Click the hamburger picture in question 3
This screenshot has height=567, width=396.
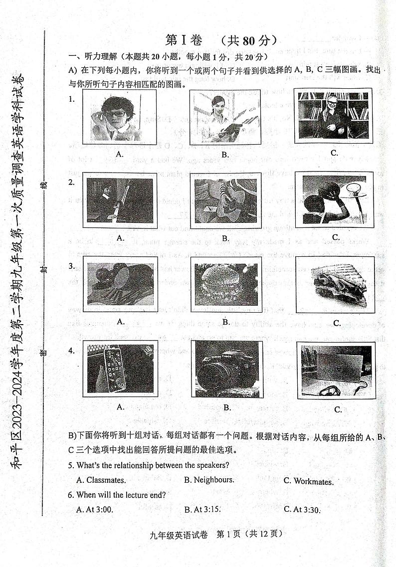(x=226, y=285)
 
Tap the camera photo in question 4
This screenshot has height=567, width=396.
(x=227, y=369)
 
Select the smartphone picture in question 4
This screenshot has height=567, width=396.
(x=120, y=369)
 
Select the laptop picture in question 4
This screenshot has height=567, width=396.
(x=337, y=371)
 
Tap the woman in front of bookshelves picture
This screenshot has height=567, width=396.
(x=333, y=115)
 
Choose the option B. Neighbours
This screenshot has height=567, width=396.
(x=209, y=480)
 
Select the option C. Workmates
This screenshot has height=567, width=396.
(x=309, y=481)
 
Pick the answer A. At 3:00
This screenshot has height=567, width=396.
(x=95, y=510)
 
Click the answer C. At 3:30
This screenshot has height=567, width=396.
(x=302, y=510)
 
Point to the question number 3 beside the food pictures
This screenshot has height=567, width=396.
(x=71, y=266)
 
